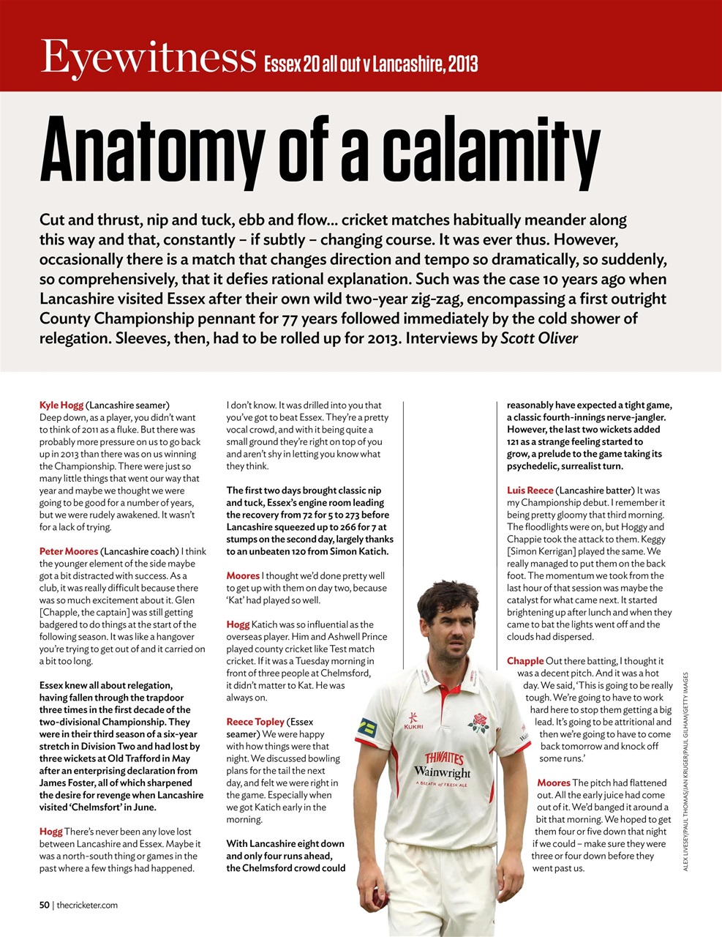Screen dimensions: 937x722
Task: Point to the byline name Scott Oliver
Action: coord(539,338)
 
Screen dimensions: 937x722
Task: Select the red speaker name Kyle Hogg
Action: coord(61,405)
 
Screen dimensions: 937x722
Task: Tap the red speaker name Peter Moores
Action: coord(69,551)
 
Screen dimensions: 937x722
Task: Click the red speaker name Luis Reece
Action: coord(530,490)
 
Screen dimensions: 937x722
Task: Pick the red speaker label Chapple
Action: coord(525,661)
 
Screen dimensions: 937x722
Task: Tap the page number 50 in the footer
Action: coord(45,905)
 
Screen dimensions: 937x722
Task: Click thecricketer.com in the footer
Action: coord(87,905)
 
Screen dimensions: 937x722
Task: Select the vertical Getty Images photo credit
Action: coord(685,772)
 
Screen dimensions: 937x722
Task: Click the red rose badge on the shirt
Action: coord(479,724)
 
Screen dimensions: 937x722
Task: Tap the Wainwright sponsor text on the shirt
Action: coord(442,772)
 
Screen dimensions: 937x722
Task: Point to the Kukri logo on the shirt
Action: coord(413,722)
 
